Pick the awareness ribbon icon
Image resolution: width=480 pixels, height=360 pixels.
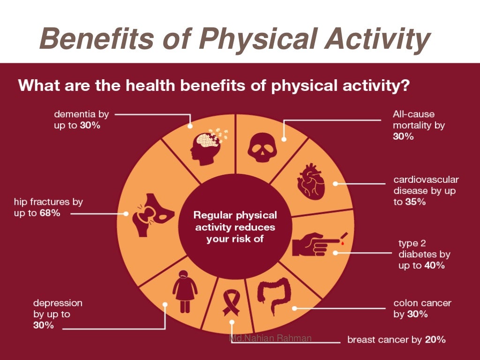(x=232, y=301)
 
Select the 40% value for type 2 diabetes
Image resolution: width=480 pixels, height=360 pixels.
(x=435, y=265)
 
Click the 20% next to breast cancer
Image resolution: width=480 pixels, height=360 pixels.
(x=435, y=339)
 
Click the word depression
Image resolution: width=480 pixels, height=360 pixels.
(x=58, y=303)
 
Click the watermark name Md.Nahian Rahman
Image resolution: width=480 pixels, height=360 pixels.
(x=270, y=338)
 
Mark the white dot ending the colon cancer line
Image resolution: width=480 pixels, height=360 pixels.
(x=294, y=308)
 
